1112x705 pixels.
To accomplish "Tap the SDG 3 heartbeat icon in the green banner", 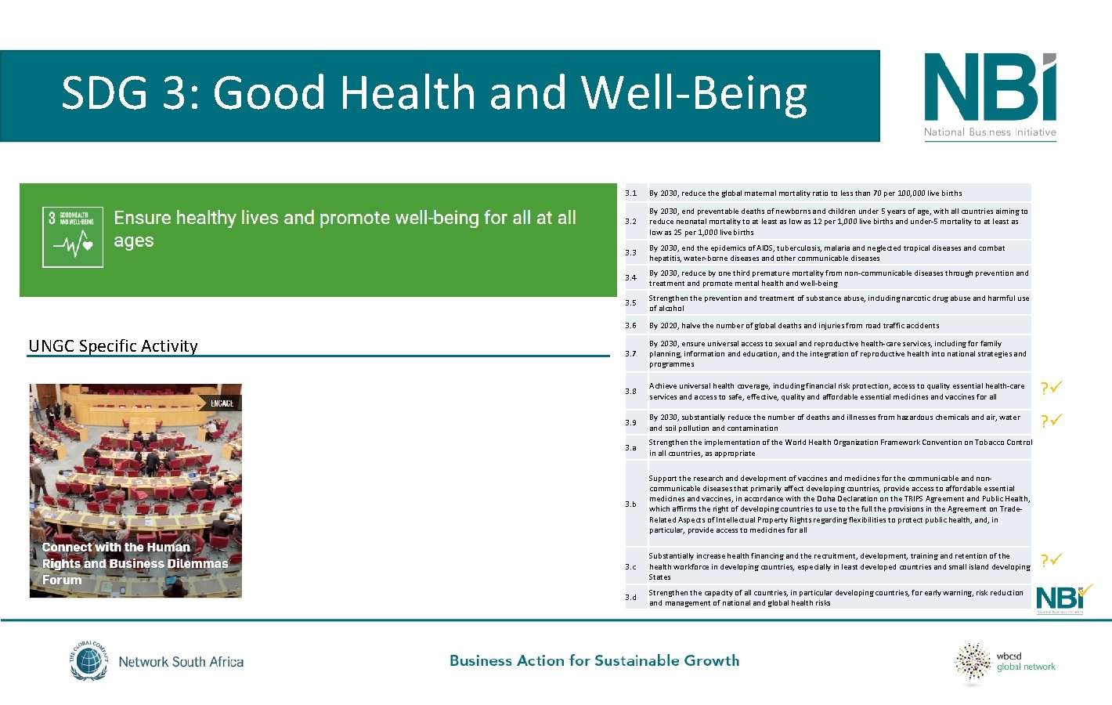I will [73, 237].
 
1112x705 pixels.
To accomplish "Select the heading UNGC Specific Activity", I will [113, 346].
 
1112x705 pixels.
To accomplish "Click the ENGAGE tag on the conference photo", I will [222, 403].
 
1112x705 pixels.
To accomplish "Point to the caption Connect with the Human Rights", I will [135, 563].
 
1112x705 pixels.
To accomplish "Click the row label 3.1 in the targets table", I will [631, 193].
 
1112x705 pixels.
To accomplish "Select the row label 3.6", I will [631, 325].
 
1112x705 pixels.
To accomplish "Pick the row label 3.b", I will [631, 504].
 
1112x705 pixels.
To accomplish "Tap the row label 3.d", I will [631, 597].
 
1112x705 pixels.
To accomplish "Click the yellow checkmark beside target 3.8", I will [1052, 388].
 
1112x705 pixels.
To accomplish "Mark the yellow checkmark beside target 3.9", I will [1052, 421].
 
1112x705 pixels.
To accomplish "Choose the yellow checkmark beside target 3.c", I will [1052, 560].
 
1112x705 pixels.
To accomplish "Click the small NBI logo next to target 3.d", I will [1062, 598].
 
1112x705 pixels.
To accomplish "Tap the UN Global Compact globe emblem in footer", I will [88, 661].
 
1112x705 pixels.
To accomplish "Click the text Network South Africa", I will [181, 662].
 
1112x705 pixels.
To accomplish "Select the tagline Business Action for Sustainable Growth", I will [594, 660].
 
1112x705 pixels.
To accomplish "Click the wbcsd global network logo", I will [1005, 662].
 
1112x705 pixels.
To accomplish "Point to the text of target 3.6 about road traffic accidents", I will [794, 325].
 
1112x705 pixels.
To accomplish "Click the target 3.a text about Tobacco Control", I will [839, 447].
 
